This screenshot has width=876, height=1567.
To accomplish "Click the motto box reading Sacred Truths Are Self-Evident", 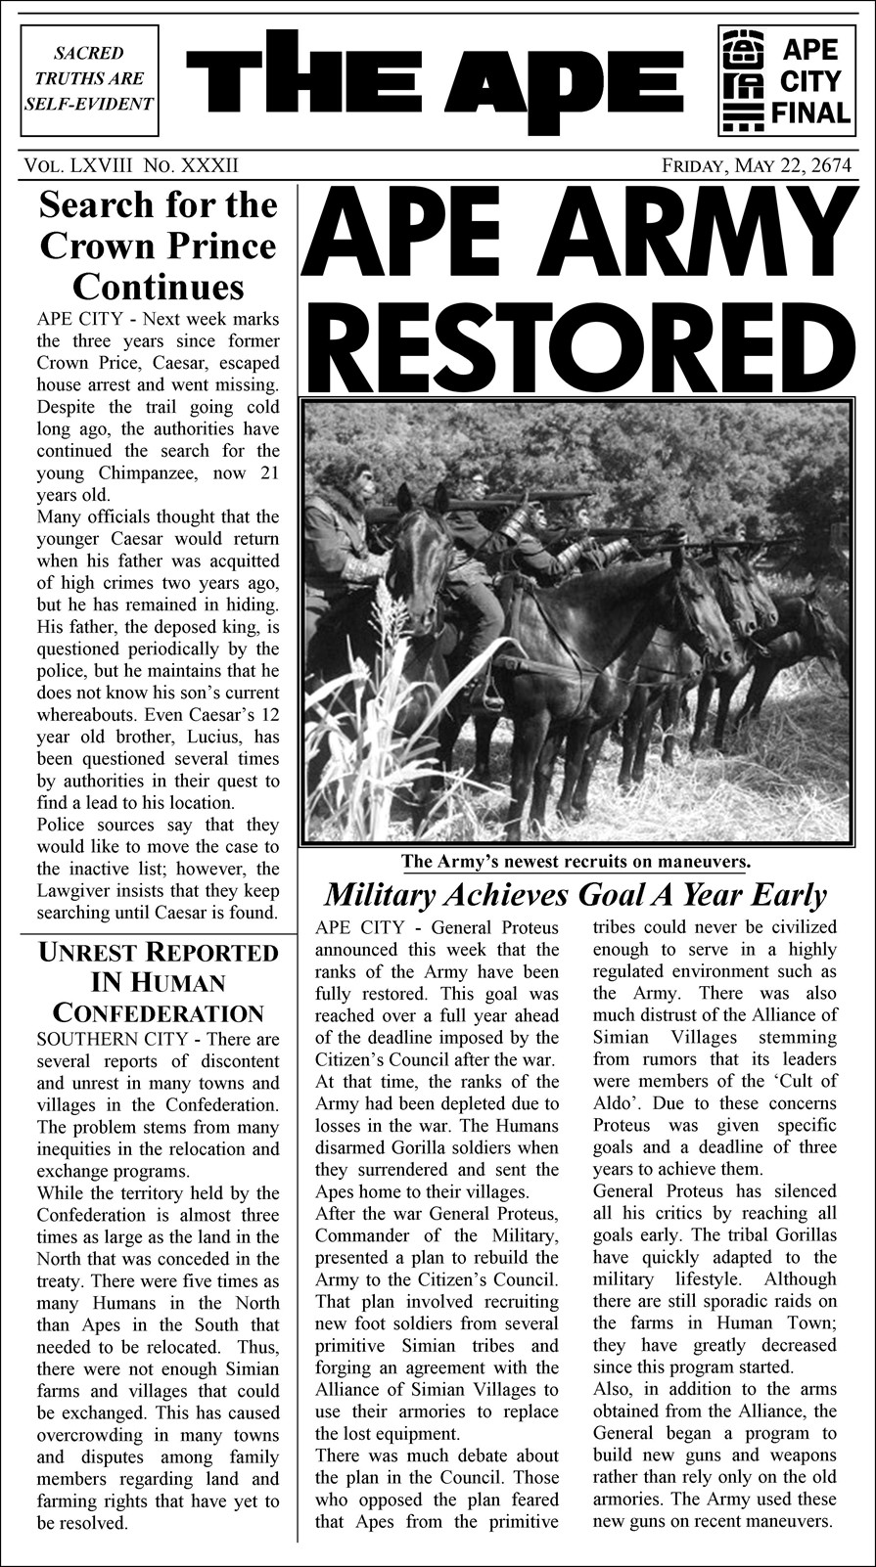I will pyautogui.click(x=89, y=78).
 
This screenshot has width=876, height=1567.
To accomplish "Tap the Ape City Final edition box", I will pyautogui.click(x=785, y=79).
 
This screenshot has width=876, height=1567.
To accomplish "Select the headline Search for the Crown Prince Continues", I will pyautogui.click(x=157, y=246).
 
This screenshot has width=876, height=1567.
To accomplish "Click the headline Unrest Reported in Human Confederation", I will pyautogui.click(x=158, y=981).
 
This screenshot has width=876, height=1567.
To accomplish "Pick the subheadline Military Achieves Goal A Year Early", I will pyautogui.click(x=575, y=894).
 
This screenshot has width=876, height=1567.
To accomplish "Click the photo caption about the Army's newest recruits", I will pyautogui.click(x=576, y=862).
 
